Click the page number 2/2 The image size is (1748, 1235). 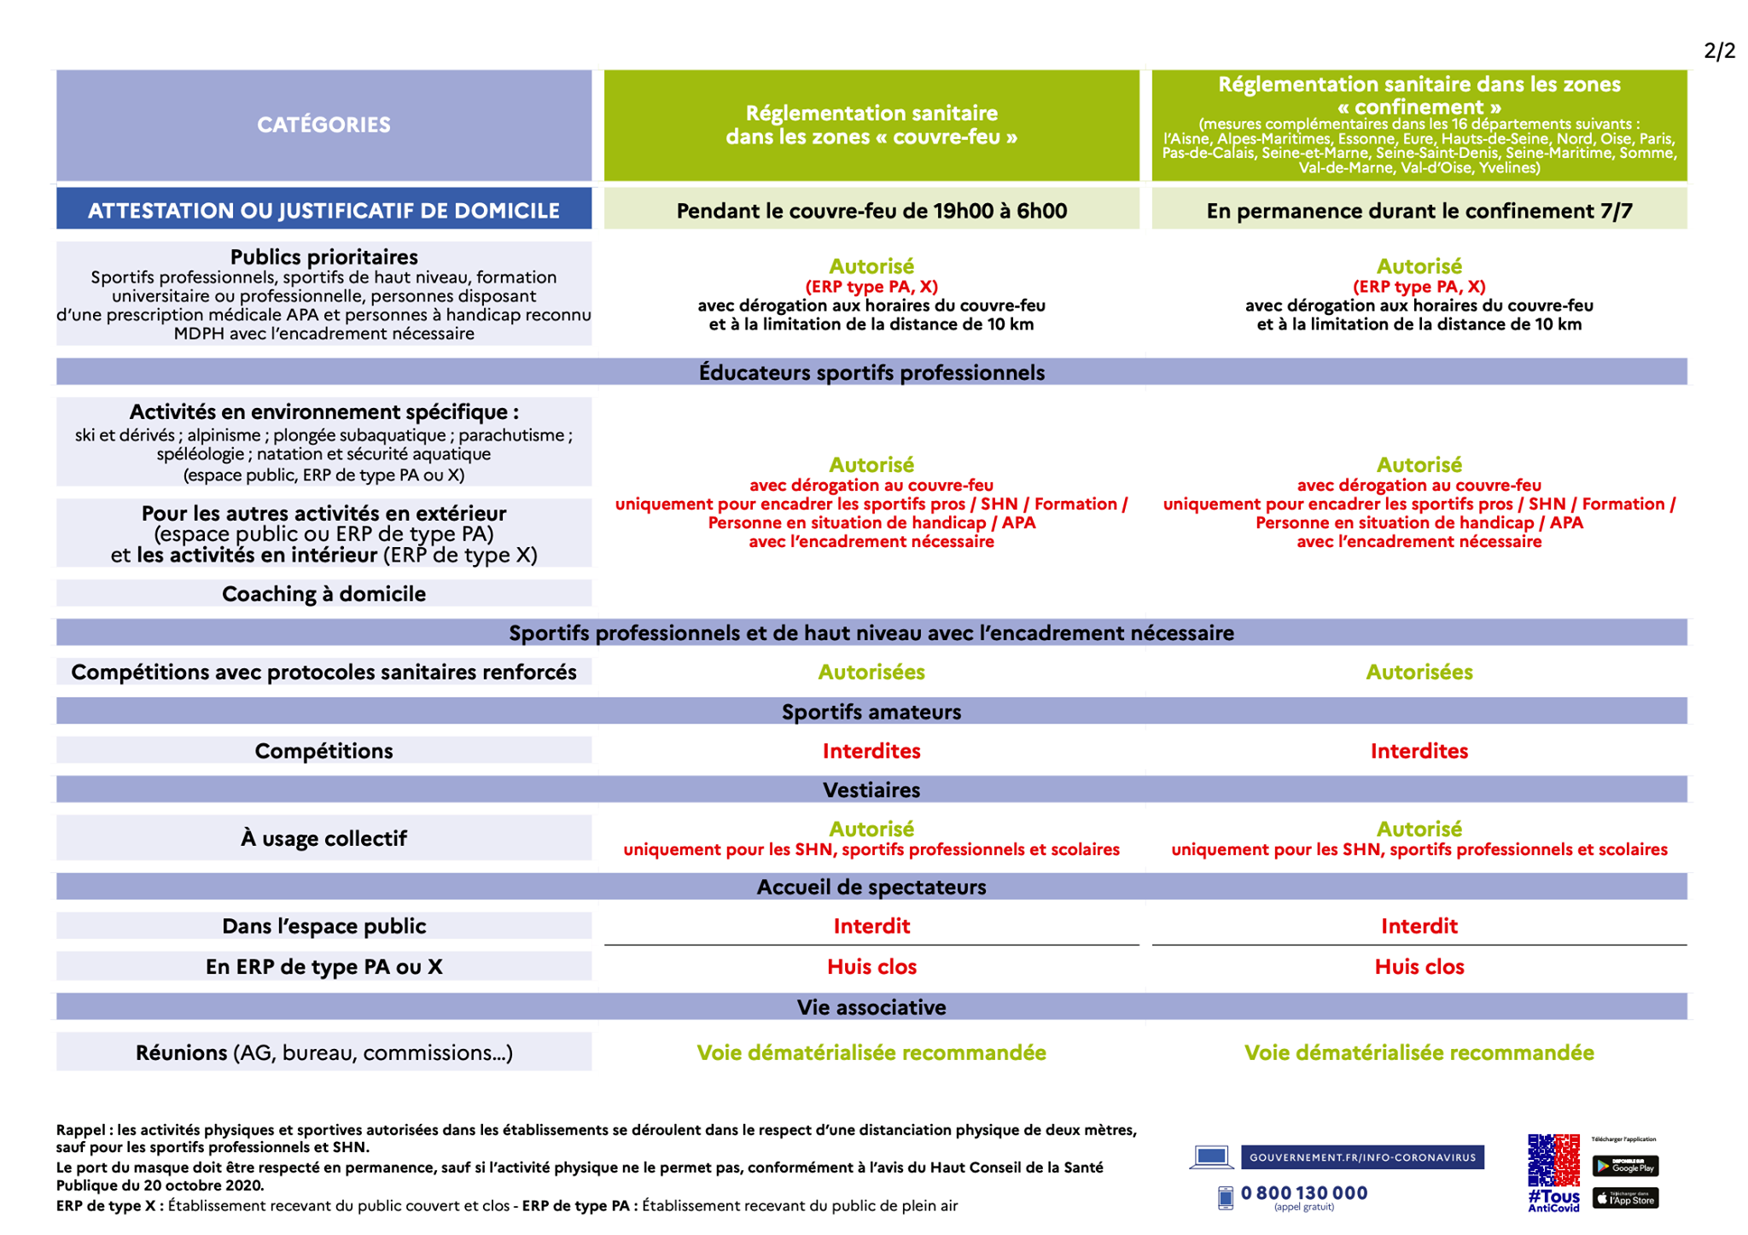point(1719,51)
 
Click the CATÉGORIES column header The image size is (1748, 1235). point(323,125)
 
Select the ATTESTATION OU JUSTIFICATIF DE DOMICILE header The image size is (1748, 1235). point(323,210)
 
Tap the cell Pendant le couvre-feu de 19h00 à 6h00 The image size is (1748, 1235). point(871,210)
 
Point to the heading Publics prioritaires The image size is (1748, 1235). point(323,257)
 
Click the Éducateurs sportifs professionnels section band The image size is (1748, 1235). point(871,372)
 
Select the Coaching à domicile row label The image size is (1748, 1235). point(323,593)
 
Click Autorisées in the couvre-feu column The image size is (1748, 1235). point(871,672)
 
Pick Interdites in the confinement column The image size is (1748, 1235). point(1419,750)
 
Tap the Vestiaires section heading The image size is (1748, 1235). point(871,789)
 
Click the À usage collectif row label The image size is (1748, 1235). point(323,838)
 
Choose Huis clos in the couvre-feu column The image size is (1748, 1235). point(871,966)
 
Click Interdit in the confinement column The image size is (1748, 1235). point(1419,926)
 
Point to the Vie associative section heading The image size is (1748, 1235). point(871,1007)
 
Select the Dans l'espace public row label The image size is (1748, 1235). point(323,926)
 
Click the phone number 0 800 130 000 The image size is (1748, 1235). point(1303,1192)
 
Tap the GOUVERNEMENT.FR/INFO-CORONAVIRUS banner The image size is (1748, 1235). point(1362,1157)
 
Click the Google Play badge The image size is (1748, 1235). point(1625,1166)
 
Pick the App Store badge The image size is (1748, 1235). point(1625,1198)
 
